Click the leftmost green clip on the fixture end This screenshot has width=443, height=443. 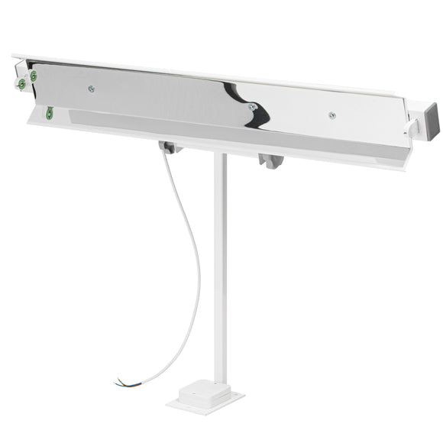(21, 84)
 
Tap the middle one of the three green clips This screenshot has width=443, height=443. (31, 76)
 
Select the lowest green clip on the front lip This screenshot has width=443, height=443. (50, 114)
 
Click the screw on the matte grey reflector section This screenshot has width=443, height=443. (91, 88)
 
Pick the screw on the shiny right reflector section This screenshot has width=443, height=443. (331, 115)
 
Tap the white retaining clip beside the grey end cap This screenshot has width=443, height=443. (412, 128)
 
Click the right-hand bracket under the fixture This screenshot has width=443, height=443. (270, 160)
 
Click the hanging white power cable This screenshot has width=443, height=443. (191, 252)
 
